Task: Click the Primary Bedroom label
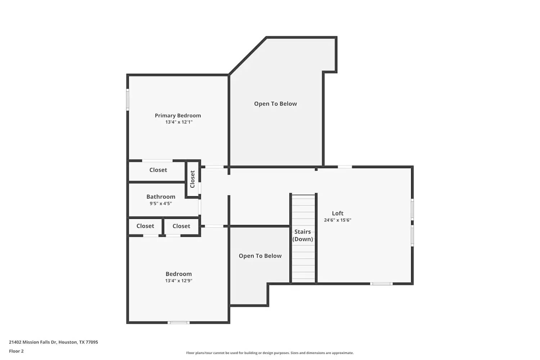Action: [x=178, y=116]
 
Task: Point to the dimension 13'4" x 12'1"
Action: [x=179, y=122]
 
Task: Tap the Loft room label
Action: [x=338, y=213]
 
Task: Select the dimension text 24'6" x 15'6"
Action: [x=337, y=220]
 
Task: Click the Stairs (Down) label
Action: [x=302, y=235]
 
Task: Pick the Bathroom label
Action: [x=161, y=197]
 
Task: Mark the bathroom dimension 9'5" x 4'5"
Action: [x=161, y=203]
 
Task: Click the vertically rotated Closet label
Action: [x=192, y=179]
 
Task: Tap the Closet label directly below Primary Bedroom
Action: [x=158, y=170]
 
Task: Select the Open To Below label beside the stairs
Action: [x=260, y=256]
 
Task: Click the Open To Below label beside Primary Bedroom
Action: [x=275, y=104]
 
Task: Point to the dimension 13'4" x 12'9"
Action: [x=179, y=281]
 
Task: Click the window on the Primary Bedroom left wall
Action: [x=127, y=100]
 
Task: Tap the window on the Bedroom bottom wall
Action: [x=179, y=323]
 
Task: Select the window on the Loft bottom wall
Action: [x=381, y=284]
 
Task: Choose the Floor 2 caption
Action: [x=16, y=351]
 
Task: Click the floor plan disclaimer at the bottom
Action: [x=270, y=353]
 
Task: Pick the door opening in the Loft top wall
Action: [x=345, y=167]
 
